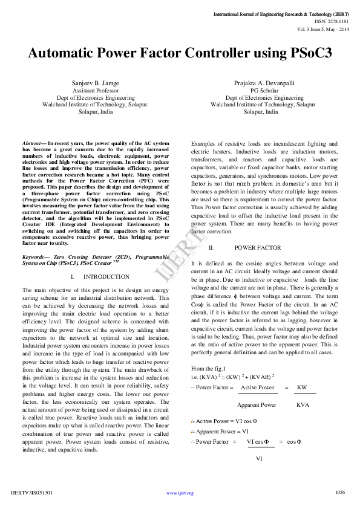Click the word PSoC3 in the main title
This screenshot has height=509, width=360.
(305, 53)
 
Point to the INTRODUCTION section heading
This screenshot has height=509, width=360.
(106, 276)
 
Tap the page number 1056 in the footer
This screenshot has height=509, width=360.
(340, 493)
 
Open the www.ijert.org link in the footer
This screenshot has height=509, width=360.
(180, 493)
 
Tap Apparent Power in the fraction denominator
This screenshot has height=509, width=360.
(257, 404)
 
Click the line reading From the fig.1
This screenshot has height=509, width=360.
(208, 368)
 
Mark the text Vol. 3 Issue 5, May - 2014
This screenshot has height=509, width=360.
(322, 28)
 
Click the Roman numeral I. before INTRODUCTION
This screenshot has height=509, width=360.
(72, 276)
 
